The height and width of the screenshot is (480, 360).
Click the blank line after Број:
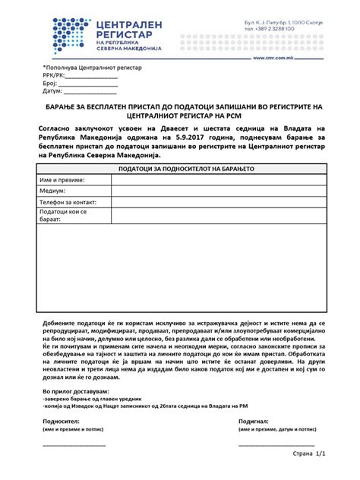[x=87, y=84]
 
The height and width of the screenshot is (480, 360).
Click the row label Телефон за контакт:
[x=68, y=203]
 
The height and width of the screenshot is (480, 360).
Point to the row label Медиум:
[x=52, y=191]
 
